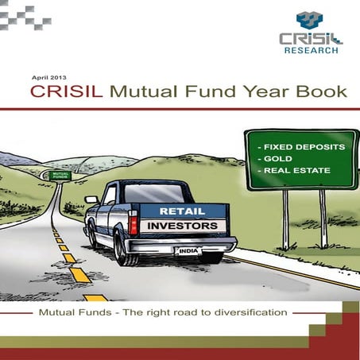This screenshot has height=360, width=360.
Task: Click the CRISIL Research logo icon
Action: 309,21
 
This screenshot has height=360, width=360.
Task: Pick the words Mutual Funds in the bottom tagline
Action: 72,312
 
